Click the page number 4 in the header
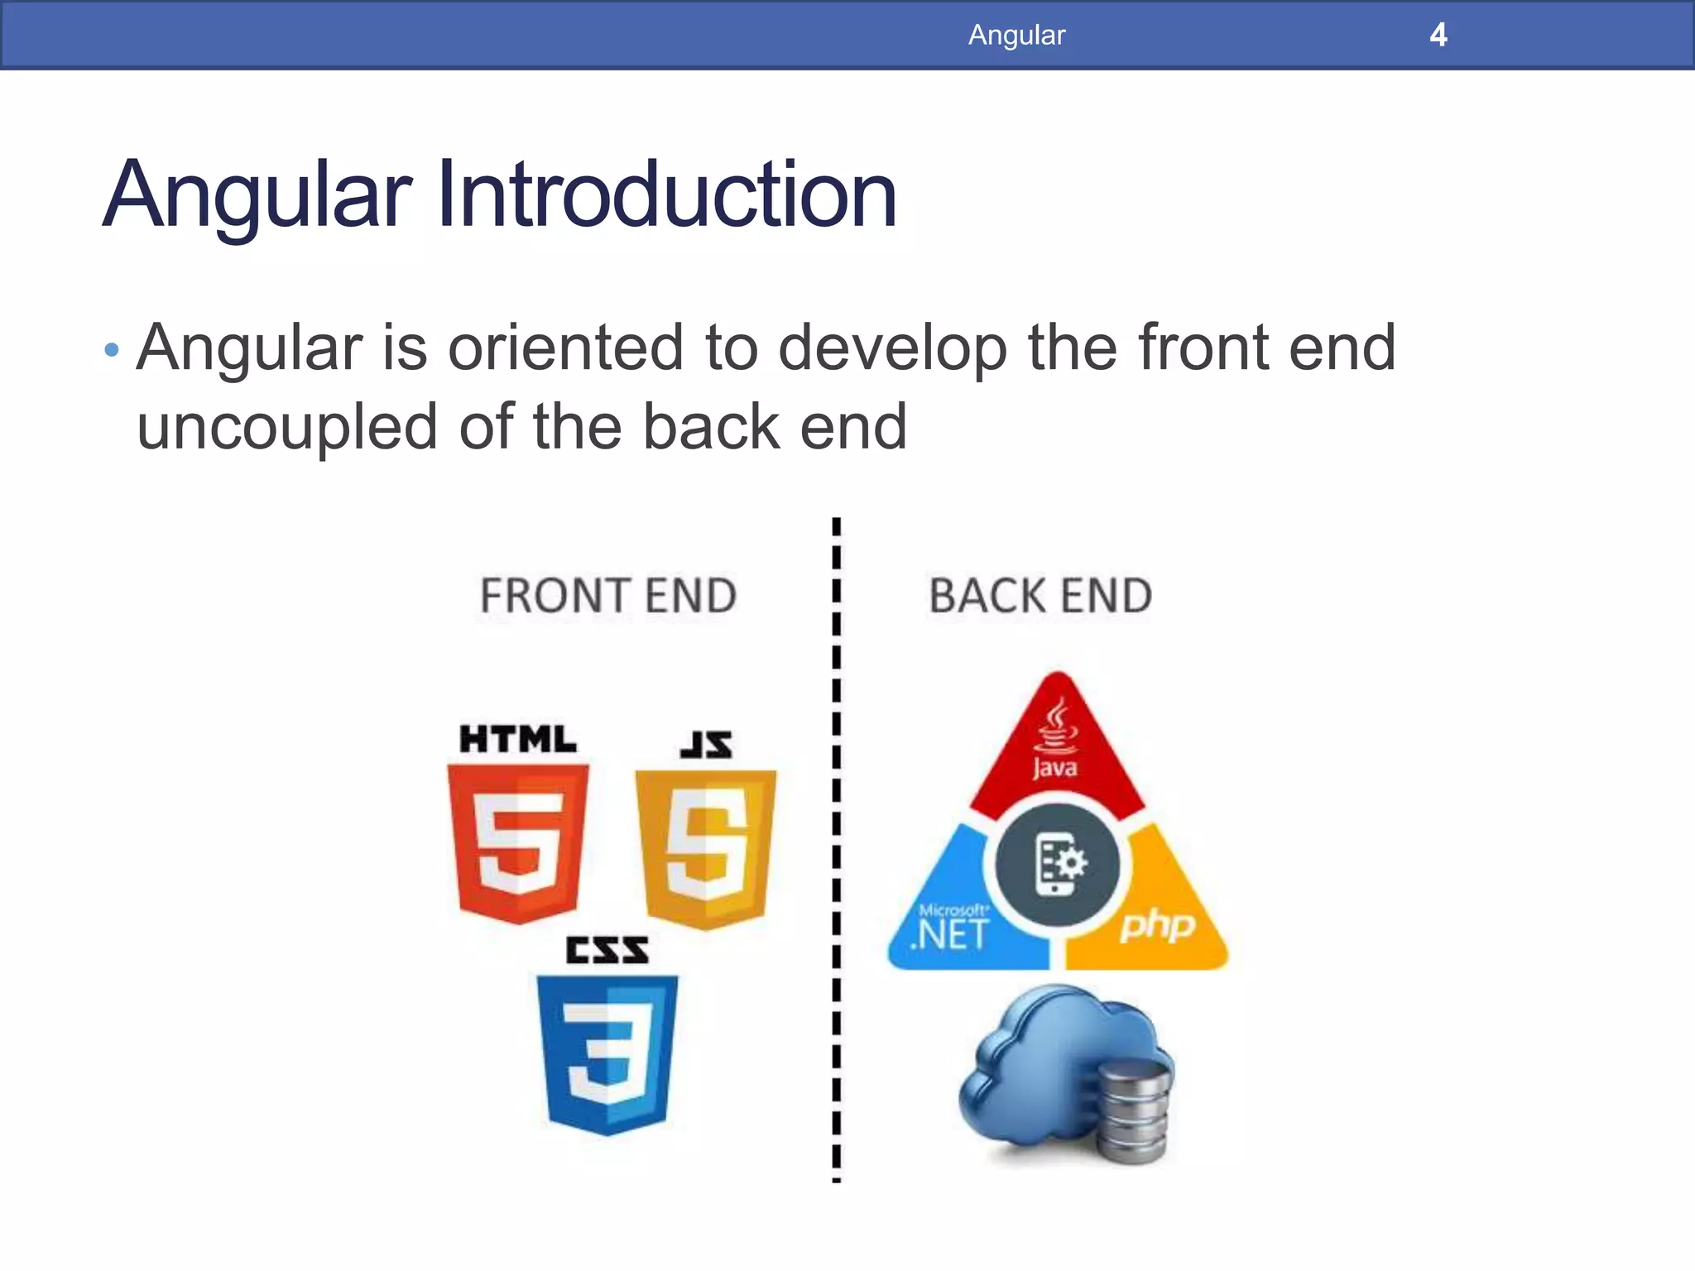[1438, 35]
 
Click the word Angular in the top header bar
[1016, 35]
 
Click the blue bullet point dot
[112, 350]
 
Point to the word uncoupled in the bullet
[286, 427]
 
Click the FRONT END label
[608, 596]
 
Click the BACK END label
[1040, 596]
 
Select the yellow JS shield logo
[706, 848]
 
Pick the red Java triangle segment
[1056, 745]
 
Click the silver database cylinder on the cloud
[1133, 1113]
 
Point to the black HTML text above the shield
[518, 739]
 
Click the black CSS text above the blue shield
[607, 950]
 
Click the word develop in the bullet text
[892, 348]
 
